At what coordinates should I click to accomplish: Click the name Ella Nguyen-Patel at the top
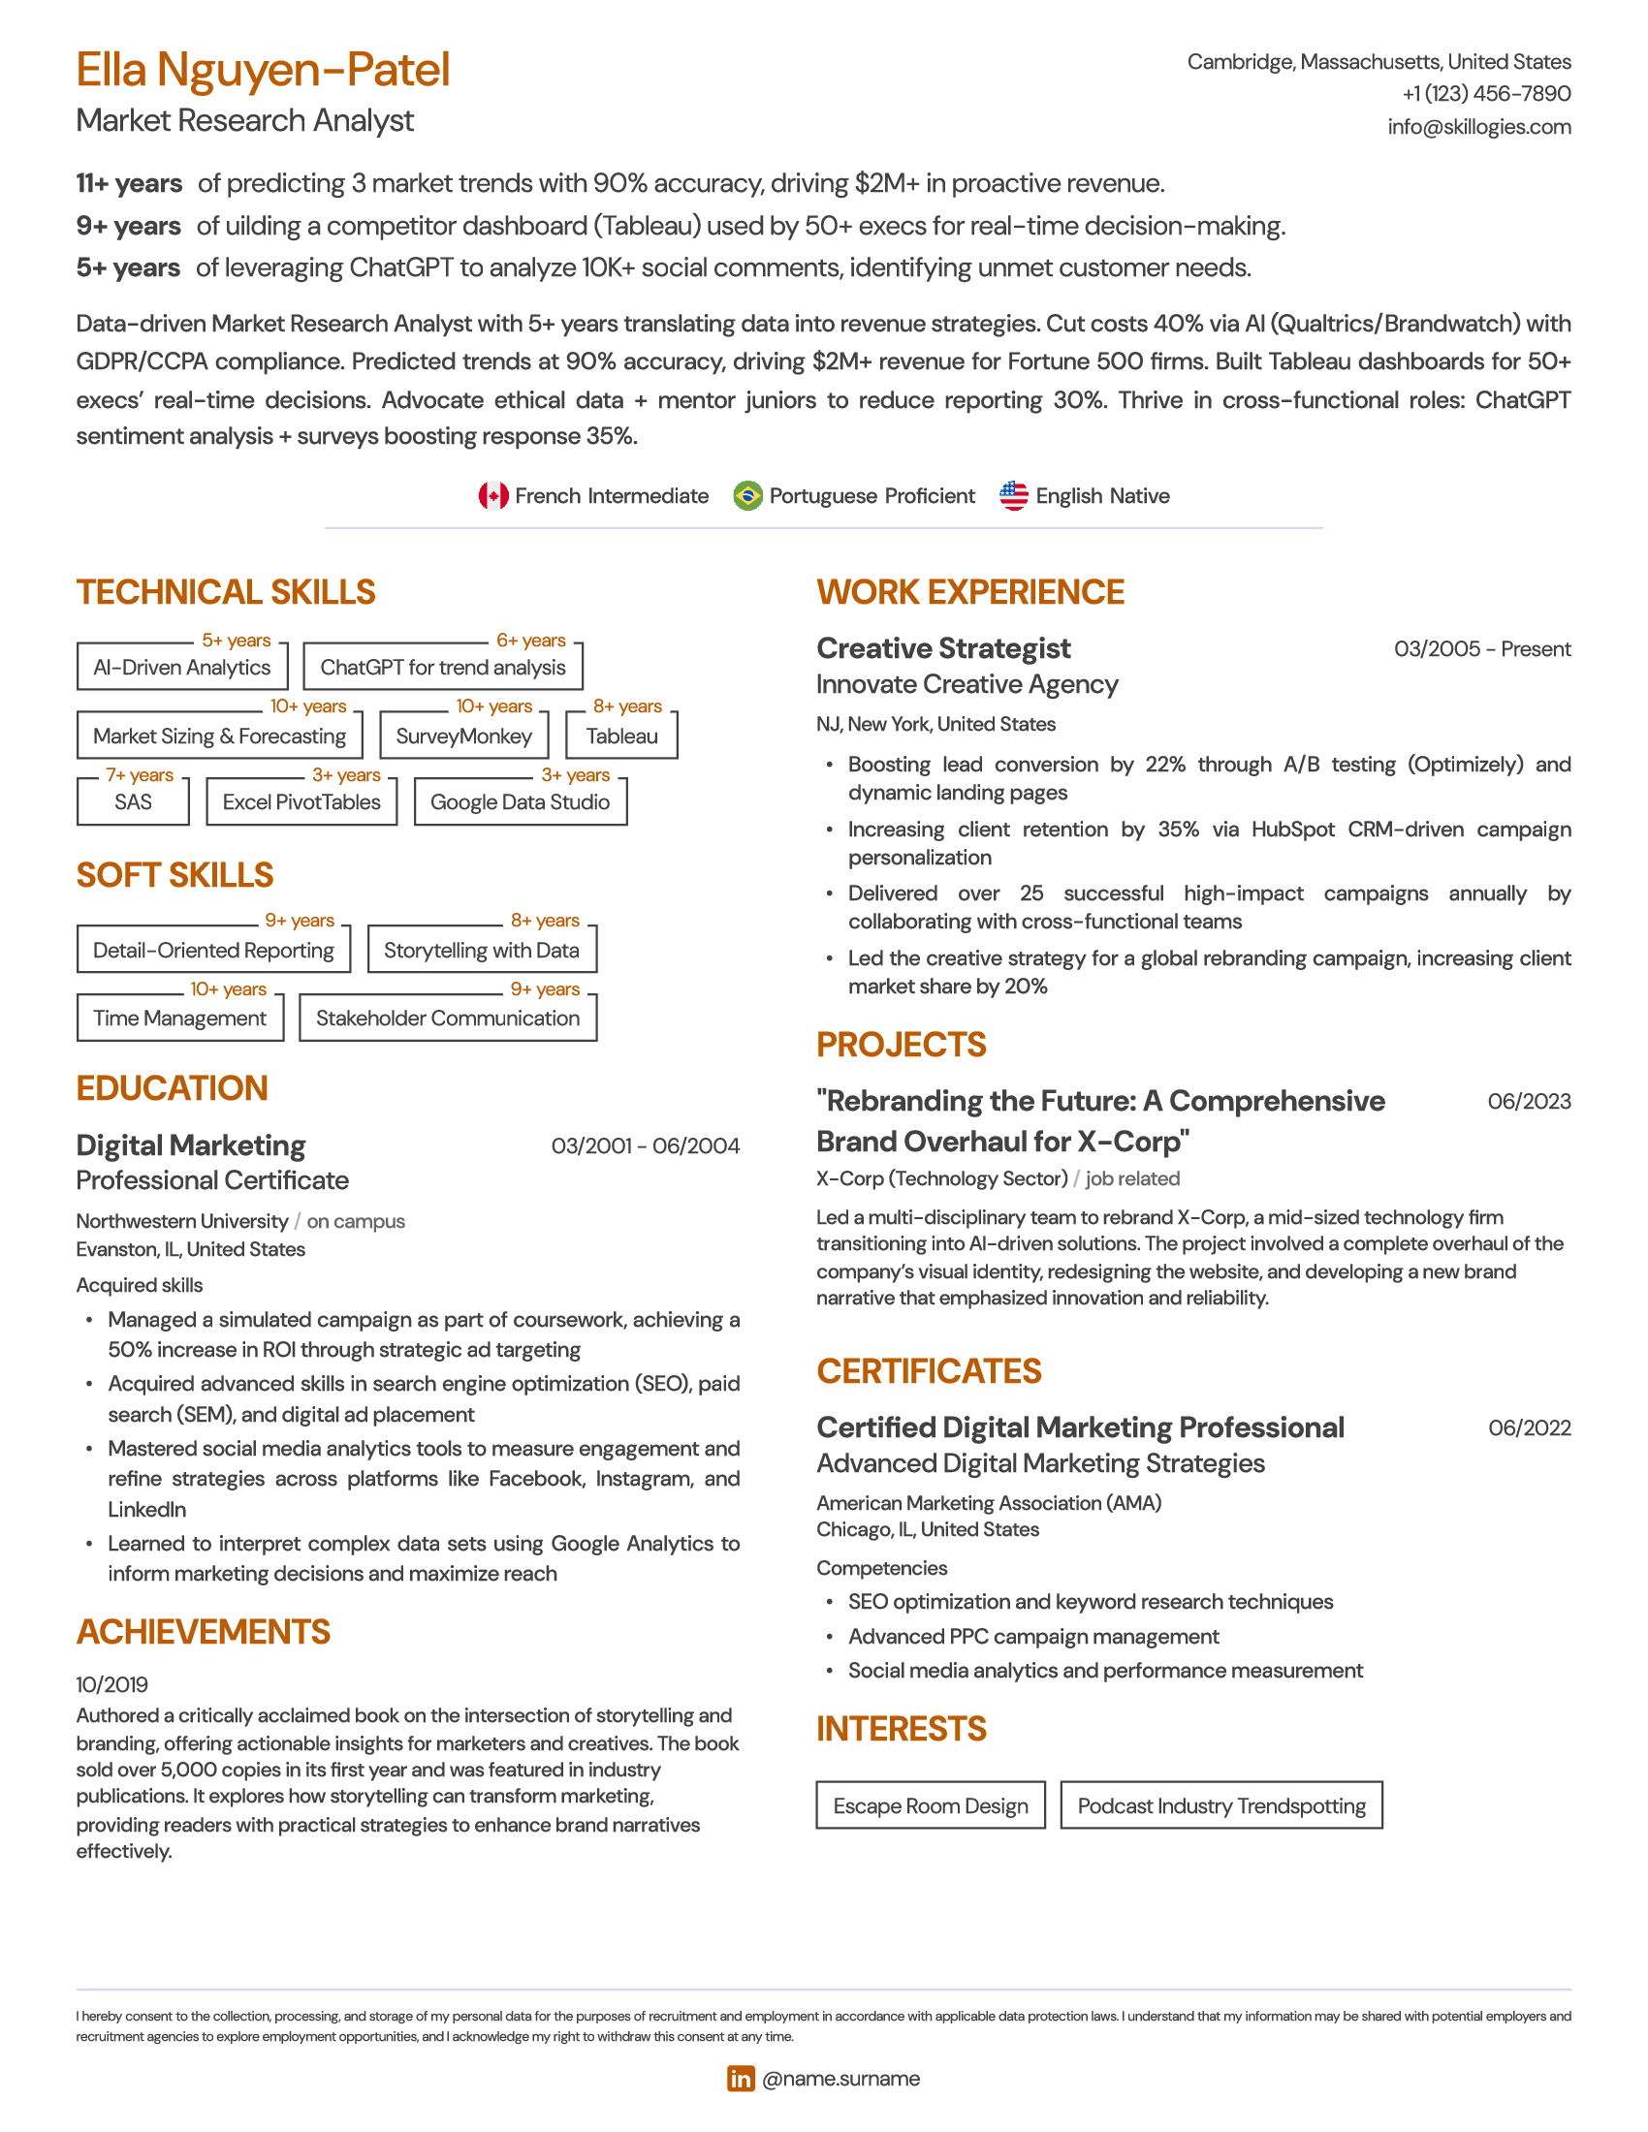263,71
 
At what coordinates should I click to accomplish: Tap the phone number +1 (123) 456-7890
1486,94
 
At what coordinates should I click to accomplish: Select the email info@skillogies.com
1478,127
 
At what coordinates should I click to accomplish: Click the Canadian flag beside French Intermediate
493,496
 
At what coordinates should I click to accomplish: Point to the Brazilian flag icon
747,496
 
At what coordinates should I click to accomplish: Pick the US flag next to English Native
1013,496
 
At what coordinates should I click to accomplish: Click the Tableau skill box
622,737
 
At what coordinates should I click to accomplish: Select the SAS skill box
133,801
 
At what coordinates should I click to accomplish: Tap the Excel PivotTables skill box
301,801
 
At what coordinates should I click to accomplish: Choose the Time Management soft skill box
179,1019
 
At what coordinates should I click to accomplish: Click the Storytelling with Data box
482,950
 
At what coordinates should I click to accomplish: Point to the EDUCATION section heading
172,1088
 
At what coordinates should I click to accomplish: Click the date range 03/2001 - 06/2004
646,1146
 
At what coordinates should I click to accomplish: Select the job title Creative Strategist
943,648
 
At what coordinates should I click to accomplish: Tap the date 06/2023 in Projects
1529,1101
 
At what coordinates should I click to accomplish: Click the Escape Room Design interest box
931,1805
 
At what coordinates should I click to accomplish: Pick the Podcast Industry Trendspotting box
1221,1805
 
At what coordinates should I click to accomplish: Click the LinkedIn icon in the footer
741,2079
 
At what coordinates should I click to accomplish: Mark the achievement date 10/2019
112,1684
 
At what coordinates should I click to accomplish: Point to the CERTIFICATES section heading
929,1371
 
